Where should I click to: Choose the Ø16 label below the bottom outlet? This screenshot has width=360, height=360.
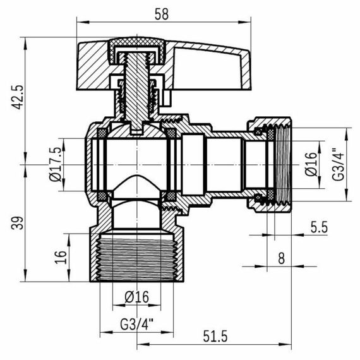[x=136, y=296]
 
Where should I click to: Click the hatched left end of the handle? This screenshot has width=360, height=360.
[x=92, y=60]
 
